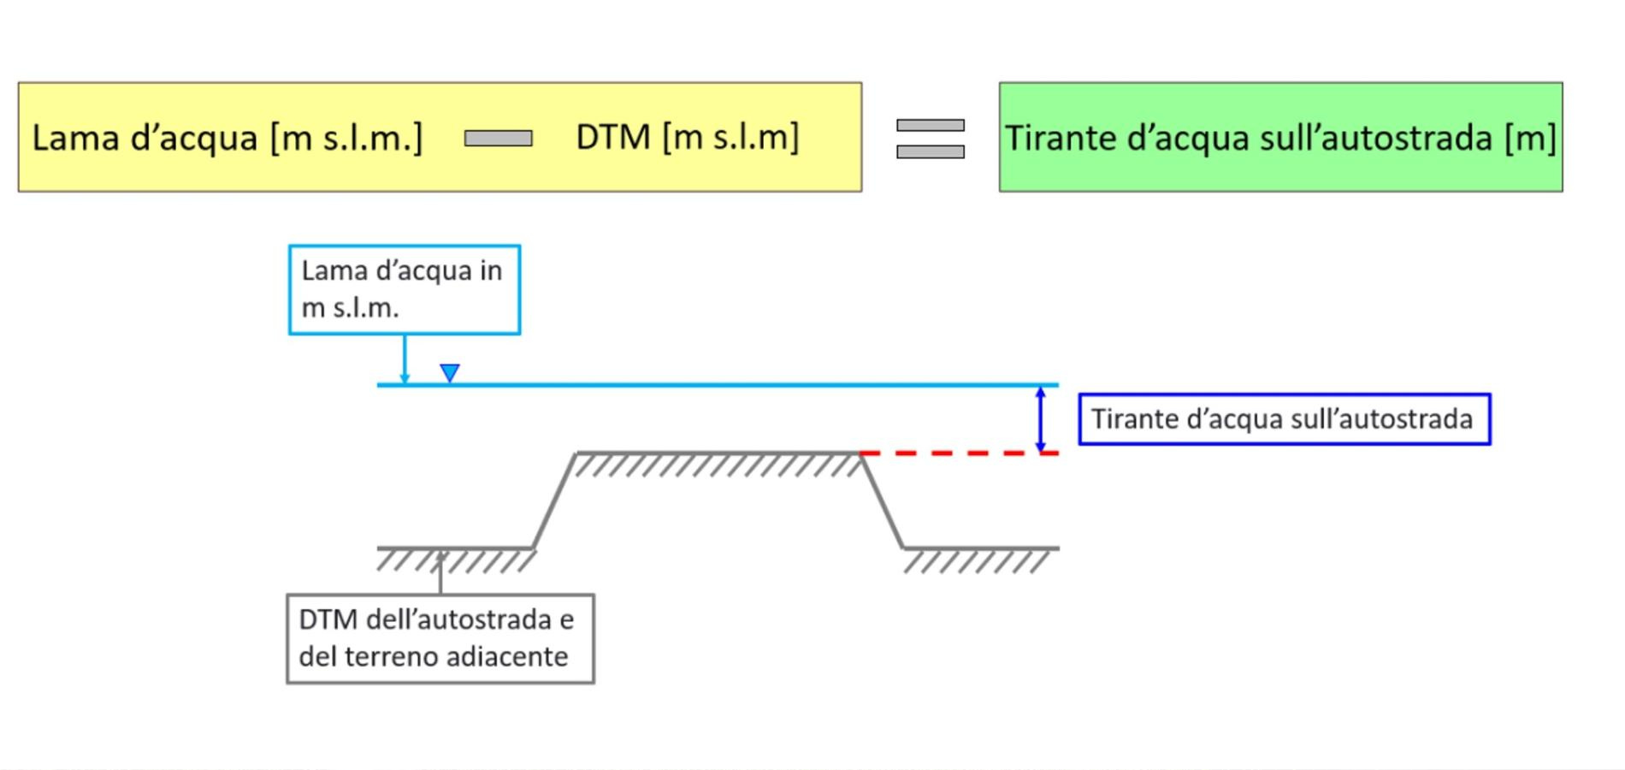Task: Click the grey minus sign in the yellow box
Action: pyautogui.click(x=498, y=138)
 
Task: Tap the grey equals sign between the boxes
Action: pyautogui.click(x=931, y=139)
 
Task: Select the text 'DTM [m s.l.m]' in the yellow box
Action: pyautogui.click(x=688, y=137)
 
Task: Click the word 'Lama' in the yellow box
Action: pyautogui.click(x=75, y=137)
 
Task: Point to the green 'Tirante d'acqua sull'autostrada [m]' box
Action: pyautogui.click(x=1280, y=137)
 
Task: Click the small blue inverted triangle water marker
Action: pyautogui.click(x=450, y=373)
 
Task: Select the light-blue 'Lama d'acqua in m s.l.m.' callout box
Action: pyautogui.click(x=405, y=289)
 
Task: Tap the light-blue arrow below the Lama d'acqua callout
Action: pyautogui.click(x=405, y=359)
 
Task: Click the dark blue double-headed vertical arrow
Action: pyautogui.click(x=1040, y=419)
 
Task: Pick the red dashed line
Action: pyautogui.click(x=960, y=453)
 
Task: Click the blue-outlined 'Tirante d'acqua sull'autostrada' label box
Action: pyautogui.click(x=1285, y=419)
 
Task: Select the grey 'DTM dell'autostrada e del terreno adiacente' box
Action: pyautogui.click(x=440, y=639)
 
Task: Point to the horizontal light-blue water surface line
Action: pyautogui.click(x=718, y=385)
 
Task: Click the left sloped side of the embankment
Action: pyautogui.click(x=554, y=500)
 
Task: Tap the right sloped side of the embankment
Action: pyautogui.click(x=882, y=500)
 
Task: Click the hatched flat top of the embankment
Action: pyautogui.click(x=718, y=463)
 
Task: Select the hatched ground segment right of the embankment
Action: pyautogui.click(x=981, y=559)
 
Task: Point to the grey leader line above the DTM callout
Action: pyautogui.click(x=440, y=573)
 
